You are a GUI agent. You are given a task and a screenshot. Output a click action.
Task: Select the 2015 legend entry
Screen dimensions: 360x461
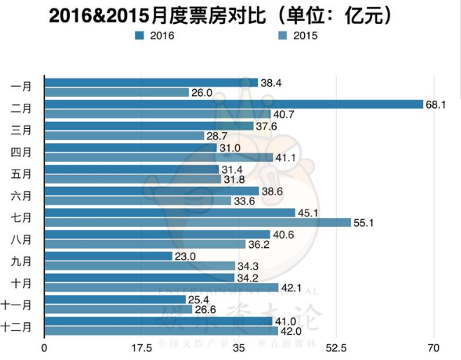click(297, 35)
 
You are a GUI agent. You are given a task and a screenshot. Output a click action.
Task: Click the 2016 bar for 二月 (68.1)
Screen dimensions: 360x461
click(233, 104)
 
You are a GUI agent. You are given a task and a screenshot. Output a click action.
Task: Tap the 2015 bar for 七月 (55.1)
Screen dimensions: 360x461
click(197, 222)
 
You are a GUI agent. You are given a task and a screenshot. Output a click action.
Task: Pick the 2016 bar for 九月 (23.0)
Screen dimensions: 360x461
click(108, 256)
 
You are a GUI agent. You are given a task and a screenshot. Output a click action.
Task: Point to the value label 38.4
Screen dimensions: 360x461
click(272, 82)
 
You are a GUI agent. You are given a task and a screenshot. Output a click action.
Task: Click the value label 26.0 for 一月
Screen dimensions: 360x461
click(203, 92)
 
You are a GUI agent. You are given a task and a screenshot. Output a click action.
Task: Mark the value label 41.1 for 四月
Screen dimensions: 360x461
click(287, 158)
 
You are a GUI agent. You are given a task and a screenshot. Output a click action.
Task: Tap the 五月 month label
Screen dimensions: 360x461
click(22, 174)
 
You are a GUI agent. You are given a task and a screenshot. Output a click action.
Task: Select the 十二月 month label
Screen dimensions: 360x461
click(19, 326)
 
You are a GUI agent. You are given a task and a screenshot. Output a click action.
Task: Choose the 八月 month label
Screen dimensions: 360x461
click(22, 239)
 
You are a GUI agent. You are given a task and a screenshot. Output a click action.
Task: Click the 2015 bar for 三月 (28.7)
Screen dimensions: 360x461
click(124, 135)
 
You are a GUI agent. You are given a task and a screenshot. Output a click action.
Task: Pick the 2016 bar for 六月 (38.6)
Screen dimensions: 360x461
click(151, 191)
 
